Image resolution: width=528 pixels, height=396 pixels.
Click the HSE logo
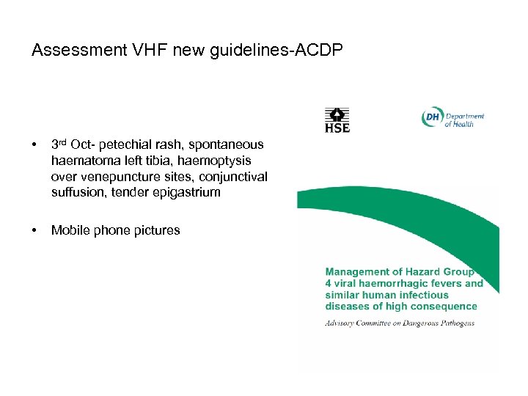[337, 120]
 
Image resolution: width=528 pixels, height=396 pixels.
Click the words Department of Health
[463, 120]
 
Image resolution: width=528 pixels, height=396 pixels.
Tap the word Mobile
[70, 231]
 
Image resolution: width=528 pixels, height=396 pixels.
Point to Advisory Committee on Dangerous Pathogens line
[400, 323]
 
